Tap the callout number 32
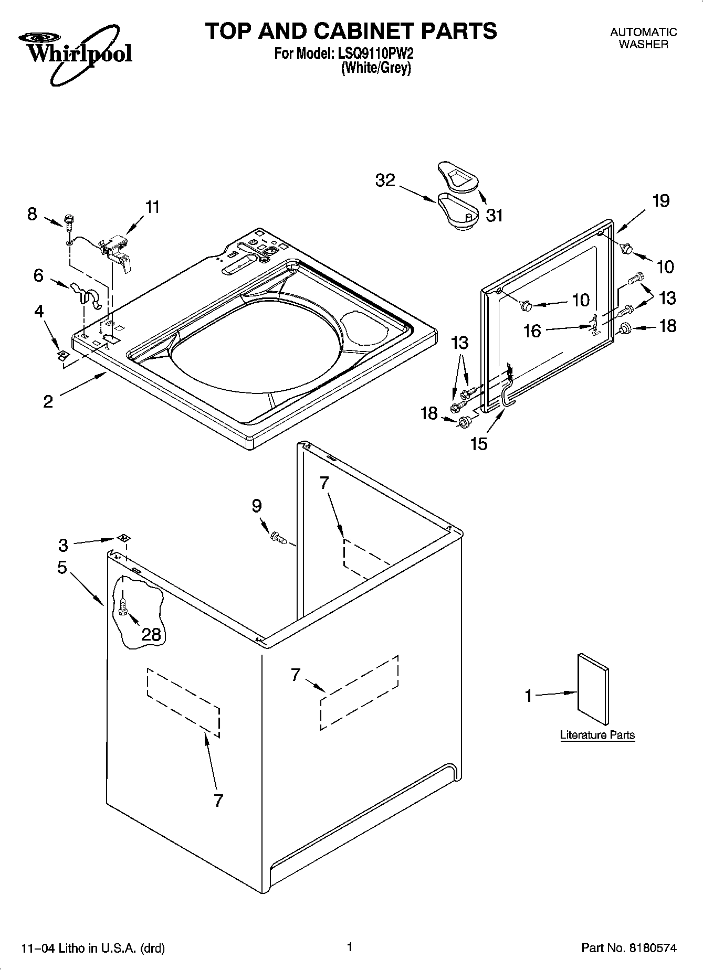point(385,180)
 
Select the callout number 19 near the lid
point(661,200)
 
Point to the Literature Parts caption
point(597,735)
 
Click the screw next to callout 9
point(277,537)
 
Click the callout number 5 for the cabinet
point(62,567)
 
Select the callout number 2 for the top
point(48,402)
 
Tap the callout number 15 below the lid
point(479,444)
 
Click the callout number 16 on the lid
point(532,331)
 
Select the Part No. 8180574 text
point(628,948)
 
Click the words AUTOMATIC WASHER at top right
point(643,38)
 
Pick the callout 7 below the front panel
point(218,800)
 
